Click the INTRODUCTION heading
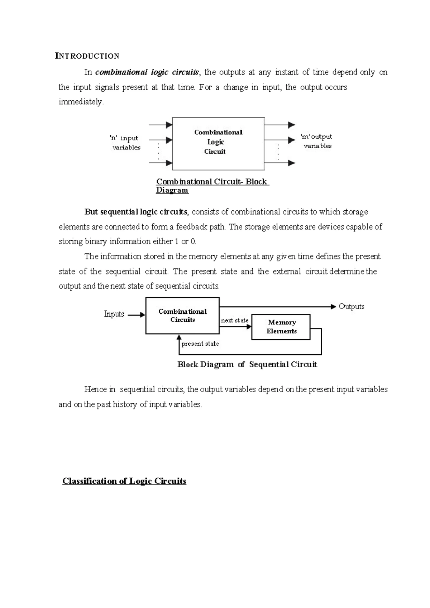click(x=87, y=56)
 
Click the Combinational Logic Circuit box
click(x=218, y=143)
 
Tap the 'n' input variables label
click(x=125, y=143)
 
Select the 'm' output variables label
click(x=316, y=141)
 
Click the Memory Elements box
click(x=281, y=327)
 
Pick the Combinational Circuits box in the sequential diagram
click(x=182, y=316)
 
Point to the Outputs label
click(x=351, y=307)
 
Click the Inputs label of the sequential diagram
click(x=114, y=314)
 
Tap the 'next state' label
click(x=234, y=320)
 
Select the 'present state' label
click(x=200, y=344)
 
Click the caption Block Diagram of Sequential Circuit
click(x=247, y=365)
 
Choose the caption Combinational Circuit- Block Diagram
click(x=212, y=186)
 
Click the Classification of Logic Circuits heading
click(x=124, y=481)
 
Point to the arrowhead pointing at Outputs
click(x=333, y=307)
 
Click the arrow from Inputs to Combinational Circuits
click(x=136, y=315)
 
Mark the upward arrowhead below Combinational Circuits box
click(x=179, y=337)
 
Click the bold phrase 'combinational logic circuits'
click(x=147, y=72)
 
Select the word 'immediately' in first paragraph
click(x=81, y=102)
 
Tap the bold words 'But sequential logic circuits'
click(x=136, y=212)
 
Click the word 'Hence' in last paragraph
click(x=95, y=389)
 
